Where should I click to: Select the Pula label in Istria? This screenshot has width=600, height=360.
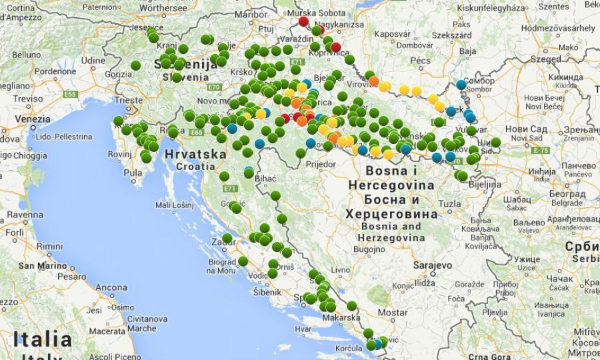click(133, 172)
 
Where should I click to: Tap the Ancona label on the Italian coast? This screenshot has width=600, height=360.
click(111, 287)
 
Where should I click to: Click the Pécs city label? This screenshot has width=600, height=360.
click(420, 60)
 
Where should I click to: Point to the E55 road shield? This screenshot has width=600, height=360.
click(71, 95)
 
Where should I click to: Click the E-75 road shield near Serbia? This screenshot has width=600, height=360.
click(541, 151)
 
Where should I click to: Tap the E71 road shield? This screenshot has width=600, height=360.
click(296, 69)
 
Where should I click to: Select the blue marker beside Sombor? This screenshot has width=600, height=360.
click(461, 85)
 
